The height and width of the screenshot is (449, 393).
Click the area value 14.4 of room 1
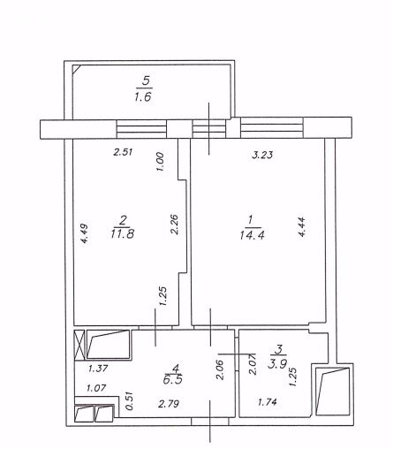pos(253,235)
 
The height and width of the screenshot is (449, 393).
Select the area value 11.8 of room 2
pos(123,234)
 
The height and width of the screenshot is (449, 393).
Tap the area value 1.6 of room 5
pos(143,96)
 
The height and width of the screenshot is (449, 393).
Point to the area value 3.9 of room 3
pos(277,363)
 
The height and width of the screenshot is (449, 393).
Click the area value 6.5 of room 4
pos(172,379)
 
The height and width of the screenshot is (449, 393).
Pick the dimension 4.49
pos(85,233)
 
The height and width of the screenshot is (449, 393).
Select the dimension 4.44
pos(302,227)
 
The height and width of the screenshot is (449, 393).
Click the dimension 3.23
pos(262,155)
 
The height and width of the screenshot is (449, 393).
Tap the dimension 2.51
pos(123,152)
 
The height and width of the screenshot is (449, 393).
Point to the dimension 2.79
pos(169,404)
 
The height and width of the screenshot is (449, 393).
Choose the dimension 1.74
pos(268,402)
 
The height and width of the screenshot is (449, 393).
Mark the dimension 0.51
pos(129,400)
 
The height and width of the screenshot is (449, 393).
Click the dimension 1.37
pos(98,369)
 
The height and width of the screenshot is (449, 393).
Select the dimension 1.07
pos(96,388)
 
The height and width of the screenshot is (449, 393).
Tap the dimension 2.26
pos(174,224)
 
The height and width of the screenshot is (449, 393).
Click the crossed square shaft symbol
pos(79,346)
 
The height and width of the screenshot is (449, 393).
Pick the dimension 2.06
pos(220,369)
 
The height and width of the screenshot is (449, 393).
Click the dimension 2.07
pos(253,365)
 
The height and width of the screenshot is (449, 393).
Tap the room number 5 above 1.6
pos(146,80)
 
